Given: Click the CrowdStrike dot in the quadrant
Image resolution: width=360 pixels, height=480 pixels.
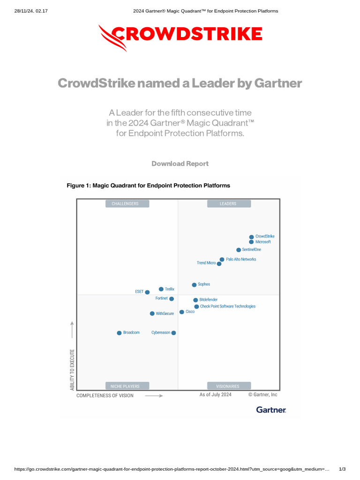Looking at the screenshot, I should click(251, 237).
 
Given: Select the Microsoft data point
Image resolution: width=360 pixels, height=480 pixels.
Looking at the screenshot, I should click(251, 242).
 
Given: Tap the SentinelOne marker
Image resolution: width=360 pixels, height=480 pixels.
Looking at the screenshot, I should click(239, 250).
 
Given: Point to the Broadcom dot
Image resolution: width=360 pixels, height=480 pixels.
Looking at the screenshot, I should click(119, 333).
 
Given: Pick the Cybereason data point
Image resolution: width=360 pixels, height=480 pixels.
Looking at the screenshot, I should click(173, 333).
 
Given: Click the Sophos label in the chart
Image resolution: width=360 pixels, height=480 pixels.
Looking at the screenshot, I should click(204, 284).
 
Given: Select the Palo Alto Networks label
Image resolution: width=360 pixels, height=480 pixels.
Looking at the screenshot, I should click(241, 259).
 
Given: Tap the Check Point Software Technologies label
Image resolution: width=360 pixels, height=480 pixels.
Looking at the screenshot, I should click(228, 307).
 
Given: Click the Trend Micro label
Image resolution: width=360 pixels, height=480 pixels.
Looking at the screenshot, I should click(206, 263).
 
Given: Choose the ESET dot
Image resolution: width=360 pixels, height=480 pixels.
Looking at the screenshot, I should click(147, 292).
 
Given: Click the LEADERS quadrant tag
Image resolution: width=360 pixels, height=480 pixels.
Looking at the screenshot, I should click(228, 204).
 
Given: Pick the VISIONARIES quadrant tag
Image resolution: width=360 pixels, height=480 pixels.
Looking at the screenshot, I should click(228, 386).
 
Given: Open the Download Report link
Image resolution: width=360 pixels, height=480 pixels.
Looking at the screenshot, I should click(180, 164).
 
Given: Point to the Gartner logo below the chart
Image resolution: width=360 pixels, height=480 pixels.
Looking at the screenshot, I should click(271, 410).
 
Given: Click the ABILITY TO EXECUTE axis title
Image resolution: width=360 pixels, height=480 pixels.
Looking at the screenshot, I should click(72, 369).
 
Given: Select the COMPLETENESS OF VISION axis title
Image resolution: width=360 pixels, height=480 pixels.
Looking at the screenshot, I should click(105, 396).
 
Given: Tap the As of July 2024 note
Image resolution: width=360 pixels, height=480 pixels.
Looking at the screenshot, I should click(216, 395).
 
